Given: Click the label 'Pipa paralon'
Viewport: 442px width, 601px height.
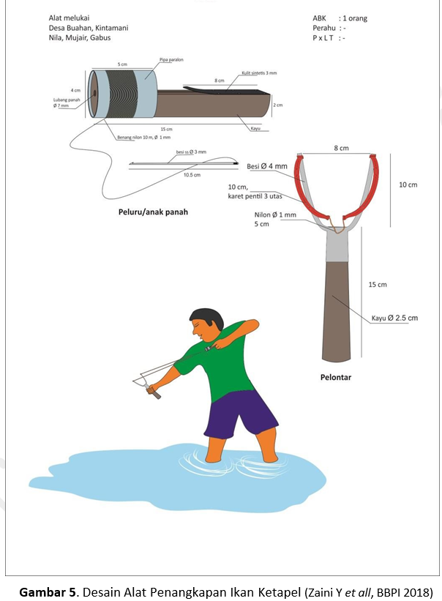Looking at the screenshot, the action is (171, 60).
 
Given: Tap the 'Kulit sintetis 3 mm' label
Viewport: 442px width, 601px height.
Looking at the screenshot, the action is (259, 72).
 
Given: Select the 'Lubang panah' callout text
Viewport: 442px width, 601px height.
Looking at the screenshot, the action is (67, 100).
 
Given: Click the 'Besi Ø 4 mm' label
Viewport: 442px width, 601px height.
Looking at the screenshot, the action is (267, 166).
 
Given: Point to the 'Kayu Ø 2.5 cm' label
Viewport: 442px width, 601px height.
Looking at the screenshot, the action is (394, 318).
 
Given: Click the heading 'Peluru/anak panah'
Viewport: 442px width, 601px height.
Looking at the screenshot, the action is (153, 212).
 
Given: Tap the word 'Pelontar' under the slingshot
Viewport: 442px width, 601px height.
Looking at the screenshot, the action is (336, 377).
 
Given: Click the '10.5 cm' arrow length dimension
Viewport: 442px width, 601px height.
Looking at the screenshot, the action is (192, 175).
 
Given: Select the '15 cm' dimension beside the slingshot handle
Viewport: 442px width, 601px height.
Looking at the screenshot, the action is (378, 285).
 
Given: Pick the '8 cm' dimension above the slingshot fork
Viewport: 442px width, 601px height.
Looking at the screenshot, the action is (341, 148).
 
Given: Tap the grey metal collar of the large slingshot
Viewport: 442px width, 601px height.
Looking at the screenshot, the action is (337, 245).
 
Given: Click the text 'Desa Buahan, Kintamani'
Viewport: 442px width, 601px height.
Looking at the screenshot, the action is (89, 28).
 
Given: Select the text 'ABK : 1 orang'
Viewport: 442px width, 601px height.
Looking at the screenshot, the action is (340, 18).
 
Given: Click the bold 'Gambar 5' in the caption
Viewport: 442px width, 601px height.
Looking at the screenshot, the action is (48, 591).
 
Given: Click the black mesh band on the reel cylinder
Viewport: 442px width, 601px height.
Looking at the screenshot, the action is (121, 94).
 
